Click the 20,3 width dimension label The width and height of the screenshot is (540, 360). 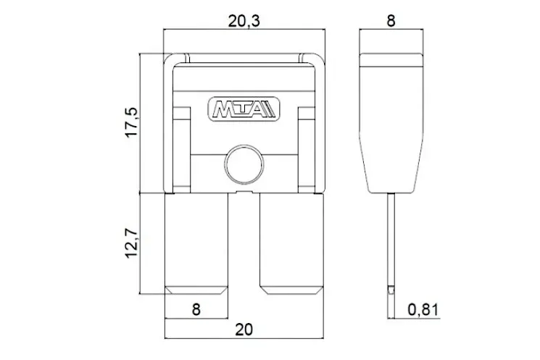pyautogui.click(x=244, y=21)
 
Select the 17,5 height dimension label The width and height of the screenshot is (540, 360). pyautogui.click(x=131, y=122)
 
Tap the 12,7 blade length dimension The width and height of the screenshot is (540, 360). pyautogui.click(x=131, y=243)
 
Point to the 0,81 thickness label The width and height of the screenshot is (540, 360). pyautogui.click(x=423, y=309)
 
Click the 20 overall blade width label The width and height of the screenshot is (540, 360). pyautogui.click(x=244, y=330)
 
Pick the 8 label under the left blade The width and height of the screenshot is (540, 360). pyautogui.click(x=196, y=309)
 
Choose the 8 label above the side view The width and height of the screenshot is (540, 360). pyautogui.click(x=391, y=21)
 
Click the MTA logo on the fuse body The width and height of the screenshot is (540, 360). pyautogui.click(x=244, y=110)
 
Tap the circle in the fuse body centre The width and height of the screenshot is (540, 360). pyautogui.click(x=244, y=164)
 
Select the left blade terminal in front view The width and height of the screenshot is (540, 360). pyautogui.click(x=196, y=243)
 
